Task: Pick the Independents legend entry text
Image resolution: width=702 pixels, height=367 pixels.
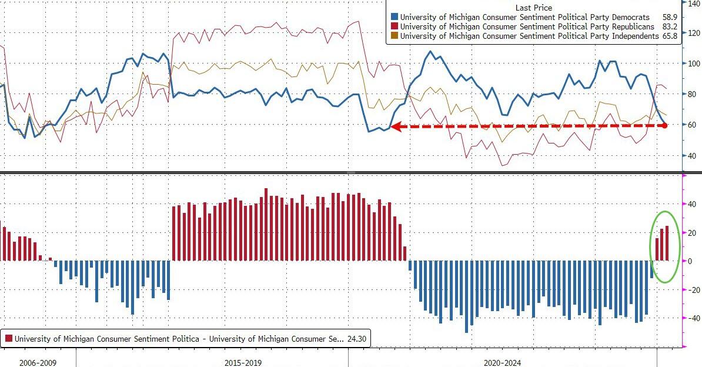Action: pyautogui.click(x=529, y=36)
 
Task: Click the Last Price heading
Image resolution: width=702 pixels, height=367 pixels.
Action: pyautogui.click(x=533, y=8)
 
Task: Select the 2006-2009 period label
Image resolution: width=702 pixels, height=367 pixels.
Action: pyautogui.click(x=38, y=363)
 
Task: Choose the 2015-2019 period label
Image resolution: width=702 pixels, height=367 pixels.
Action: pyautogui.click(x=243, y=363)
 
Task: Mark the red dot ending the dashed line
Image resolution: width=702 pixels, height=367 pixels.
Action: pyautogui.click(x=664, y=126)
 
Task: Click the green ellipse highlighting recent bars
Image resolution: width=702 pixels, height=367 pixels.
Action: pyautogui.click(x=665, y=246)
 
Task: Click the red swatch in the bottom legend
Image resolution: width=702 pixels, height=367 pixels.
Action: pyautogui.click(x=9, y=339)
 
